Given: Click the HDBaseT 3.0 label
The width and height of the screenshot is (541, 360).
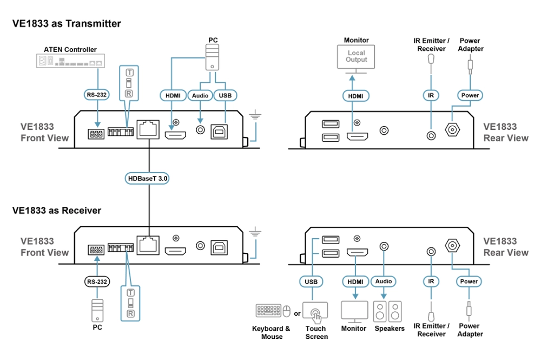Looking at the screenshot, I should [148, 178].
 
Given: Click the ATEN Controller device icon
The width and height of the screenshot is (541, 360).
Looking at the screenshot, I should [70, 61].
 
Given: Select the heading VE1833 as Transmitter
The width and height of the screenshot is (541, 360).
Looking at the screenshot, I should [67, 23].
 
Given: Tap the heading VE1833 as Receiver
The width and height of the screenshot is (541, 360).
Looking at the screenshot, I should [57, 210].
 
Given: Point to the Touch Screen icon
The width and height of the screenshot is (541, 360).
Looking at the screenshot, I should [315, 312].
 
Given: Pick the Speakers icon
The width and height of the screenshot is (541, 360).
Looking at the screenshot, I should [389, 312].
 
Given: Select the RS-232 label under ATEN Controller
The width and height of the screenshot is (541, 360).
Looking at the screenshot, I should [97, 95].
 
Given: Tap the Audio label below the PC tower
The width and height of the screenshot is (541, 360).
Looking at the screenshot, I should [200, 95].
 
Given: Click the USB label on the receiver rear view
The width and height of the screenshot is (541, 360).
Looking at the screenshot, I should [312, 282].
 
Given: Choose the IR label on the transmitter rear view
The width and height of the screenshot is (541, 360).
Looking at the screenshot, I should [431, 95].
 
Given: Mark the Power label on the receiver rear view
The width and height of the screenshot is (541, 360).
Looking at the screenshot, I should [469, 282].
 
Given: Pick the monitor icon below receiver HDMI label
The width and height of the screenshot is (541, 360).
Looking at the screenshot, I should [354, 312].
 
